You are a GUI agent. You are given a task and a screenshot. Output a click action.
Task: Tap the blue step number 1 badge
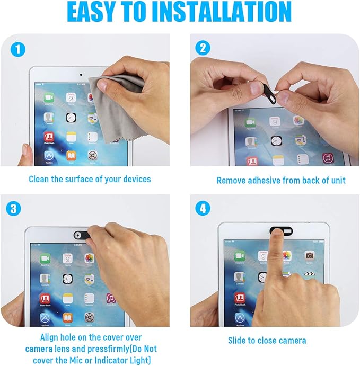(18, 49)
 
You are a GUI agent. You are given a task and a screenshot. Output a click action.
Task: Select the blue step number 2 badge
(203, 48)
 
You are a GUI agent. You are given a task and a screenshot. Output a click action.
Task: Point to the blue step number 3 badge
(14, 209)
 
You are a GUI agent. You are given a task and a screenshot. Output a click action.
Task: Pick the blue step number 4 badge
(203, 209)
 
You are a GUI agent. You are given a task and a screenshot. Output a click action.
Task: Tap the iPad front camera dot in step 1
(81, 75)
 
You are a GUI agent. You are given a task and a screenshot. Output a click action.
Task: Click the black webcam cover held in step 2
(270, 94)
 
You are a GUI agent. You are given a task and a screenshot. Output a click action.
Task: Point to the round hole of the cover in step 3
(78, 235)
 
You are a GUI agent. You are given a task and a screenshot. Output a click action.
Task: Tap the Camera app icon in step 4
(310, 256)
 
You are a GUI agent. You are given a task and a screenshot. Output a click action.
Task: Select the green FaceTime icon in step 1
(49, 97)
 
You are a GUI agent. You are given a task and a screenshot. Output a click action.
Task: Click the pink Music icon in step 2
(328, 158)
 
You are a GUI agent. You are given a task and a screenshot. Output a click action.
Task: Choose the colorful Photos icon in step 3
(89, 258)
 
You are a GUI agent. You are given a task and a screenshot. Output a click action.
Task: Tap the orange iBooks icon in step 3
(67, 318)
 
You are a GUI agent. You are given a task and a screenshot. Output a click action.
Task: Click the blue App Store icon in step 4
(240, 318)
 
